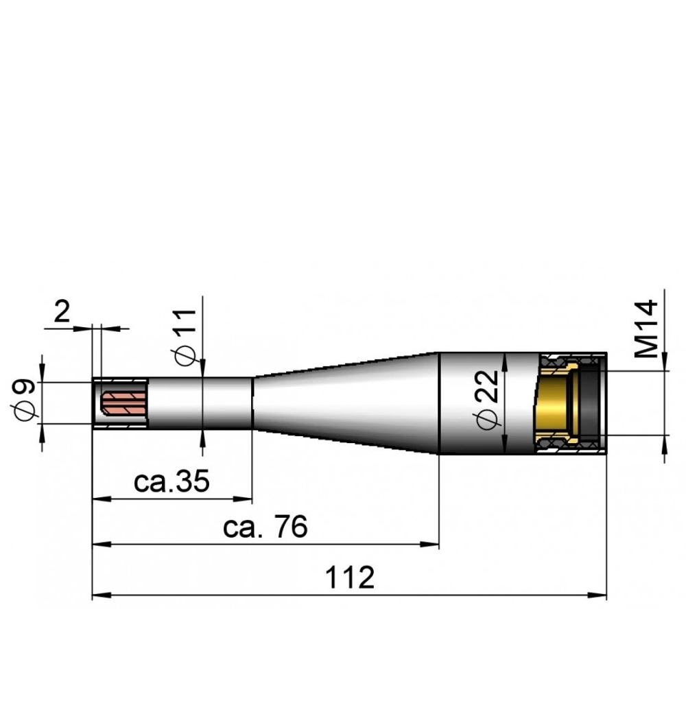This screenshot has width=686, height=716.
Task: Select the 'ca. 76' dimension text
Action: (x=266, y=527)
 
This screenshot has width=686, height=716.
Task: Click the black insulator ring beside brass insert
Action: (x=589, y=403)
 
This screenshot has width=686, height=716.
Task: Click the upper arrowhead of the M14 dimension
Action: (x=664, y=366)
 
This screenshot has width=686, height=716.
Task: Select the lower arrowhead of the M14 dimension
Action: (x=664, y=441)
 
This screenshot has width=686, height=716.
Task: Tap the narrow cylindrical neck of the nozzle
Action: (x=199, y=403)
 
